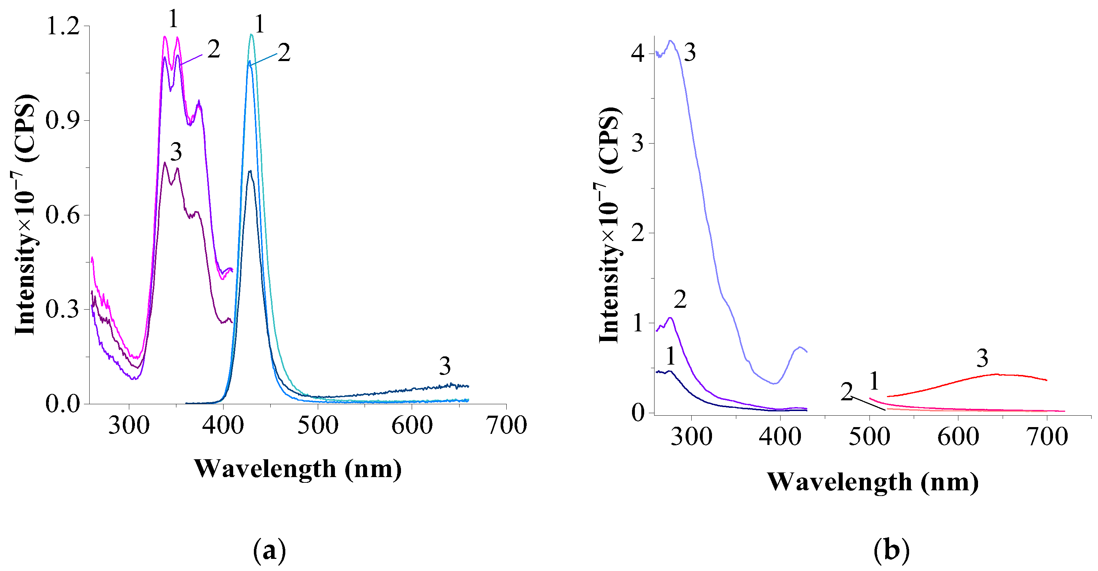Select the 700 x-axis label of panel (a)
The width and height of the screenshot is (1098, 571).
pos(506,425)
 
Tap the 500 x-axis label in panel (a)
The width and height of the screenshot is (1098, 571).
pos(317,425)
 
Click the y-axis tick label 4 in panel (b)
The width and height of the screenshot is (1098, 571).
pos(638,54)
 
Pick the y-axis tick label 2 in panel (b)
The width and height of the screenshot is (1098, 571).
pos(638,233)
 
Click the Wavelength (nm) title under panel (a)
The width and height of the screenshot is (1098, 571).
pos(297,469)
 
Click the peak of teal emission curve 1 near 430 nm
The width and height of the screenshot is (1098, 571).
pos(251,35)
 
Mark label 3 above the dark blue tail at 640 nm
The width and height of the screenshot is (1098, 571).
pos(445,366)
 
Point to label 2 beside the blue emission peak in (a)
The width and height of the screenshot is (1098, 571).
pos(284,53)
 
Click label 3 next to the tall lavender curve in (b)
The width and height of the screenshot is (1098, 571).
pos(689,53)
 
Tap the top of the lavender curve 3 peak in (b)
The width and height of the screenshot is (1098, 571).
pos(671,41)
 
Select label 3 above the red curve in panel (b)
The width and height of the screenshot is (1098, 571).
pos(982,358)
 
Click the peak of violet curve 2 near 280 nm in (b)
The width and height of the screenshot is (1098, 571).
pos(670,318)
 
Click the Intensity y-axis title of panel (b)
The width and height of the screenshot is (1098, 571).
pos(609,226)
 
